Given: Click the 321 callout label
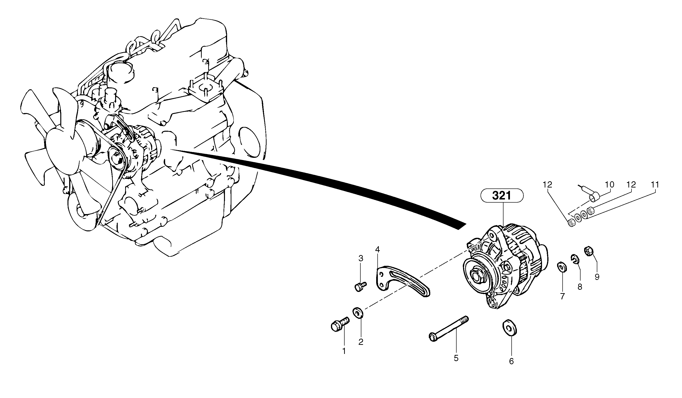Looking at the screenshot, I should click(x=502, y=196).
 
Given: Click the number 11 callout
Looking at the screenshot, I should click(x=655, y=185).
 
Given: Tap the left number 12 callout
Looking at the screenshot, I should click(x=547, y=185).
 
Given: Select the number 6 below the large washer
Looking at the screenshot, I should click(x=511, y=361).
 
